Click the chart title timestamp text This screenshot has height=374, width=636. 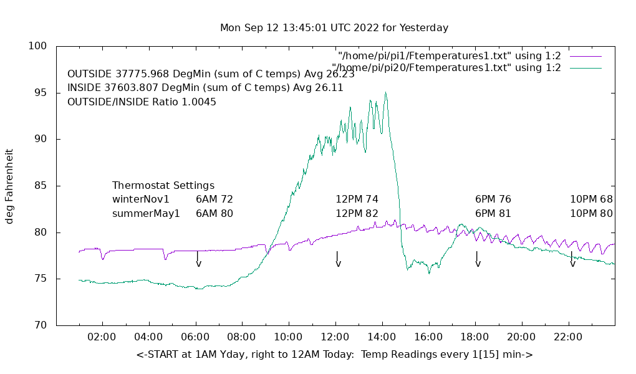334,28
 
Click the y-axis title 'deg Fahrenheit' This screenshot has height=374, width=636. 9,186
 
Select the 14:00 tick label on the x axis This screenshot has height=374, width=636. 381,337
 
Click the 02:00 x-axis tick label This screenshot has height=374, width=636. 102,337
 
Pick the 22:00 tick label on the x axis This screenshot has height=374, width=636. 568,337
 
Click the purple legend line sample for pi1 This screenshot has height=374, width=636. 585,56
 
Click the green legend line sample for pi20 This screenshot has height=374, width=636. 585,67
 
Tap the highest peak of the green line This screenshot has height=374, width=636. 386,93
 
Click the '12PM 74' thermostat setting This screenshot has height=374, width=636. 357,199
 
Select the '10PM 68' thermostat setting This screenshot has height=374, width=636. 591,199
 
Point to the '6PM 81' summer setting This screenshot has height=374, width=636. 493,213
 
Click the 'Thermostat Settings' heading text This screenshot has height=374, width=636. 163,186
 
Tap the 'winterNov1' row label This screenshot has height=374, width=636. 141,199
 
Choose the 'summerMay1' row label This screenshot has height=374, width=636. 146,213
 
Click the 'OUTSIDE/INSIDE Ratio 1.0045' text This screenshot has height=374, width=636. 142,102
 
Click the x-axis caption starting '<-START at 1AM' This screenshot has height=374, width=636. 334,355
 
